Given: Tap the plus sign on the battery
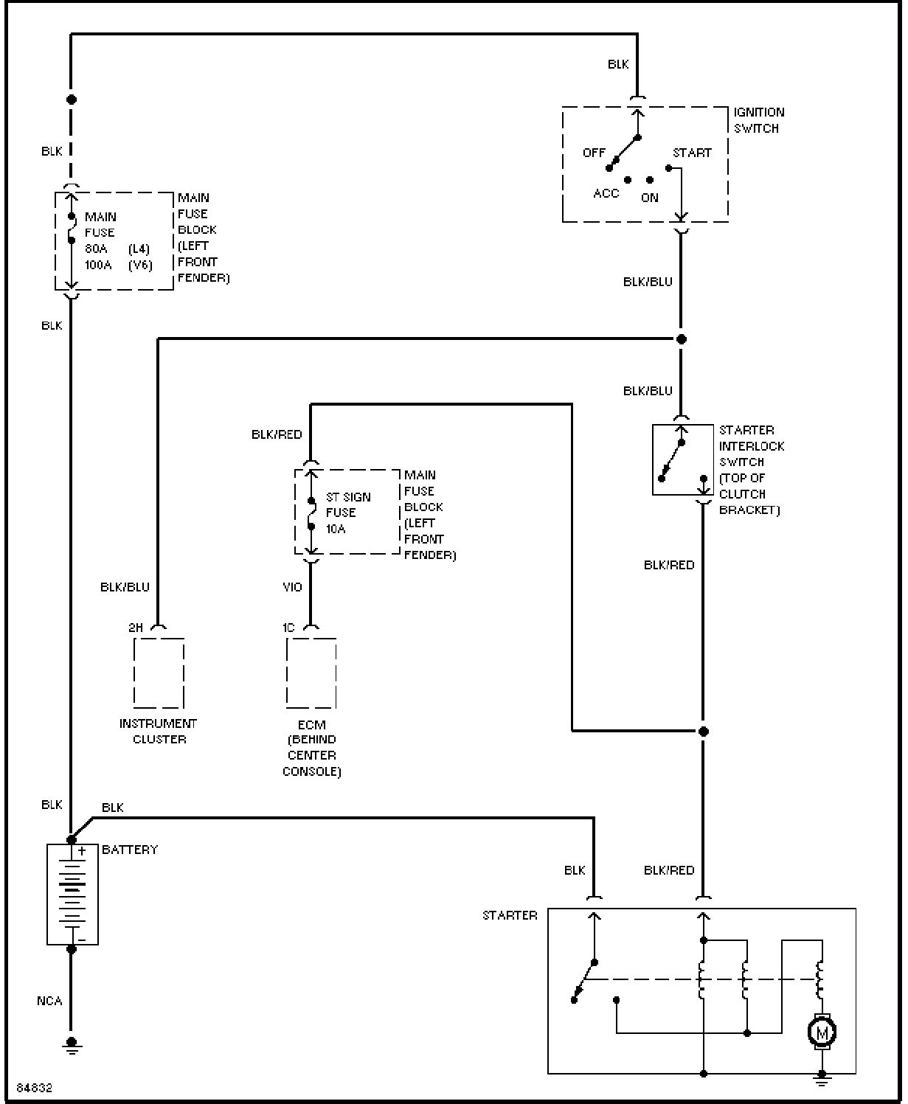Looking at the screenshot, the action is pos(82,851).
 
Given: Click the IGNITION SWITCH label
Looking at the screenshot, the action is pos(759,120).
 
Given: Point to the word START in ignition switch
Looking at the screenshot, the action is pos(692,153).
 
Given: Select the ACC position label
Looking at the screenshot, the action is pos(606,194).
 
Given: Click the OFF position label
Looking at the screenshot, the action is pos(594,153).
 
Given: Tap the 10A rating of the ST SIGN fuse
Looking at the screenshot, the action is pos(336,529).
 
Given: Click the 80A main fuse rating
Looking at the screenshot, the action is pos(96,249).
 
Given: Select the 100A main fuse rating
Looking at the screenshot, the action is pos(98,265).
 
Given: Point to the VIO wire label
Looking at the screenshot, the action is pos(292,587).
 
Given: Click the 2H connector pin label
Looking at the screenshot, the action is pos(136,628).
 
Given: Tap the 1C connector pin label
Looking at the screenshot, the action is pos(288,628).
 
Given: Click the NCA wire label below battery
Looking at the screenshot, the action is pos(49,1001).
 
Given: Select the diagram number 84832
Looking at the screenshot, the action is pos(35,1088).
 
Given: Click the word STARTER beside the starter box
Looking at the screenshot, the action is pos(510,915).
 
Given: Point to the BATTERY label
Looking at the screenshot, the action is pos(129,850).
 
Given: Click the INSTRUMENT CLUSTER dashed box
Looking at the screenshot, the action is pos(159,639).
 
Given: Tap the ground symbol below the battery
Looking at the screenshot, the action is pos(72,1047).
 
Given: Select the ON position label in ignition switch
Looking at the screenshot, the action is pos(649,198).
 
